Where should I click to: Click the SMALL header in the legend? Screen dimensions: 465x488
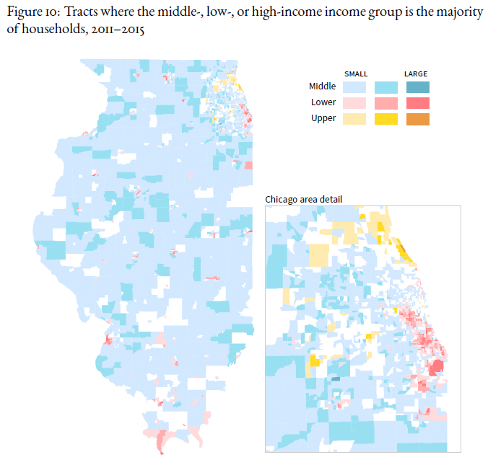(x=356, y=74)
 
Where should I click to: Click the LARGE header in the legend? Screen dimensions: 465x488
(x=416, y=74)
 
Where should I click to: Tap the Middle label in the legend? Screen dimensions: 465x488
(x=322, y=87)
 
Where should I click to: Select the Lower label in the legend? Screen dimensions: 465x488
(x=323, y=102)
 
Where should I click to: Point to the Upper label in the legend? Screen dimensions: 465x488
(x=323, y=118)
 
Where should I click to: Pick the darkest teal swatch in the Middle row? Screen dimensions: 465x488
(x=417, y=87)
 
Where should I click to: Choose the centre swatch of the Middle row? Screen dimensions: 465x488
(x=386, y=87)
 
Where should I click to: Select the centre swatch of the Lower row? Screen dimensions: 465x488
(x=386, y=103)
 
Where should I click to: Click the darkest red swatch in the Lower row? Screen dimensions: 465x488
(x=417, y=103)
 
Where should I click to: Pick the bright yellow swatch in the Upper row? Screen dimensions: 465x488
(x=386, y=119)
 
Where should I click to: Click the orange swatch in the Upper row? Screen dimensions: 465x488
(x=417, y=119)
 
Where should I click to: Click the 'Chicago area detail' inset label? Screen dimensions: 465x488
(x=303, y=199)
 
